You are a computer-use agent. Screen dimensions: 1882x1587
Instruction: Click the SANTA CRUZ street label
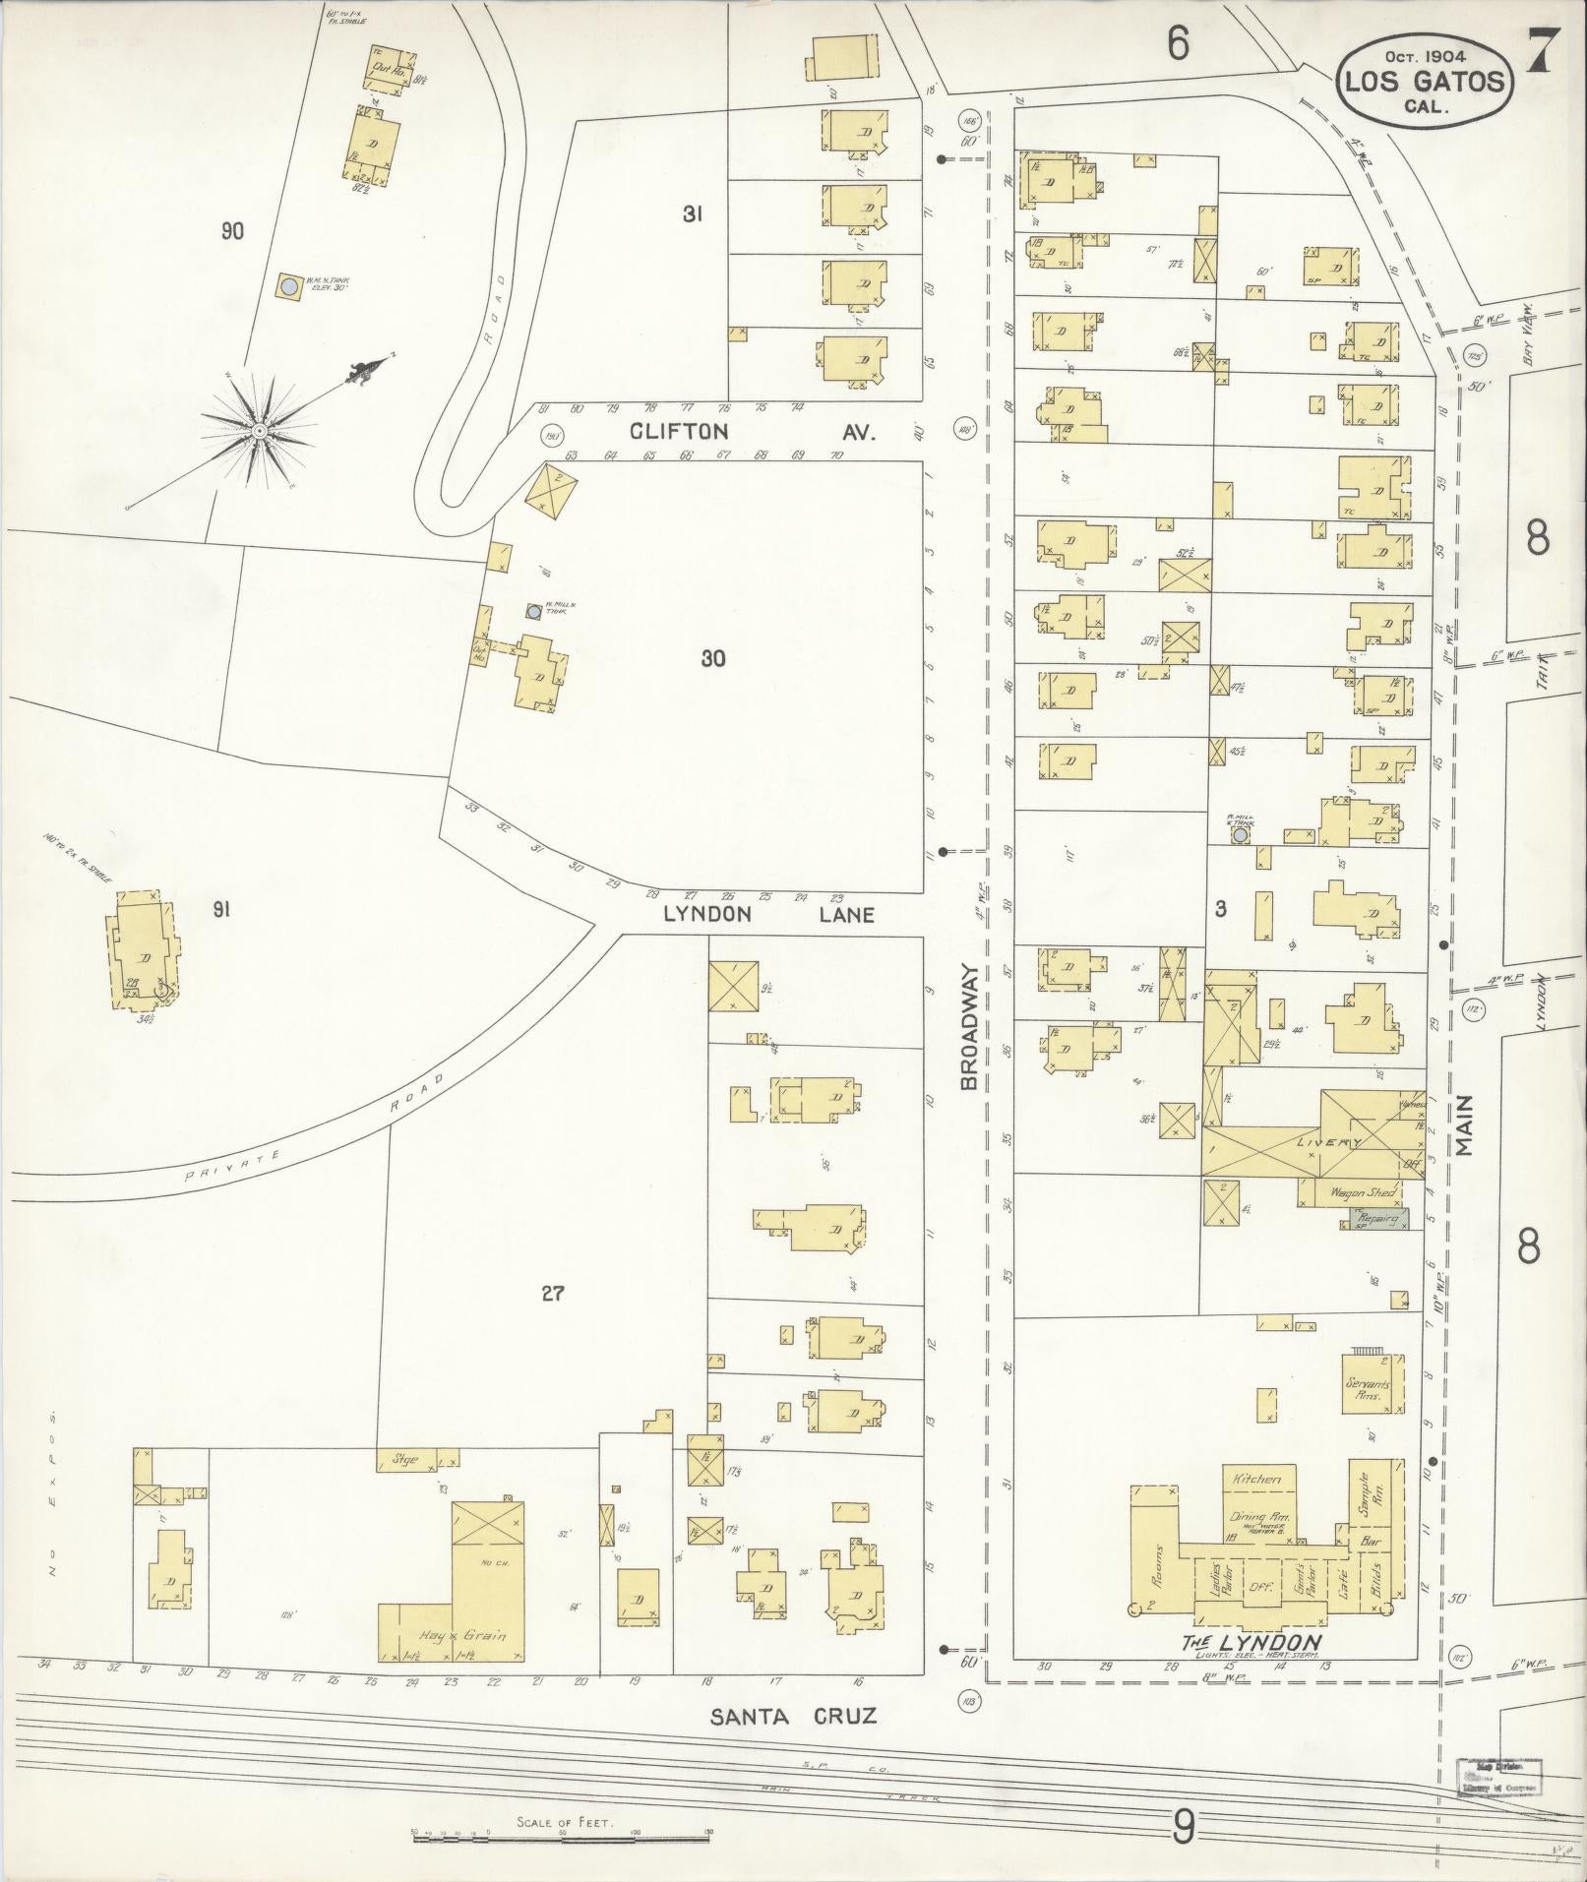click(x=793, y=1717)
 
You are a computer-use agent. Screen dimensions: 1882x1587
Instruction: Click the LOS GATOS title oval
click(x=1424, y=81)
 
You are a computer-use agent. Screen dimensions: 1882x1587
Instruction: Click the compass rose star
click(x=258, y=431)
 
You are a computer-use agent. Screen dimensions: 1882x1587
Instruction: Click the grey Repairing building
click(x=1373, y=1219)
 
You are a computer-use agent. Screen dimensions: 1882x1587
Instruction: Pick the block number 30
click(x=713, y=658)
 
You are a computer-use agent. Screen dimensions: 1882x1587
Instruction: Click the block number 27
click(x=552, y=1294)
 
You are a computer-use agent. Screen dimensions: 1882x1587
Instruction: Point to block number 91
click(x=220, y=911)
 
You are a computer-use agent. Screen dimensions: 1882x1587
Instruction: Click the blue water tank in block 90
click(x=289, y=287)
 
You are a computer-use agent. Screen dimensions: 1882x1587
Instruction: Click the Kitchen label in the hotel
click(x=1256, y=1480)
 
